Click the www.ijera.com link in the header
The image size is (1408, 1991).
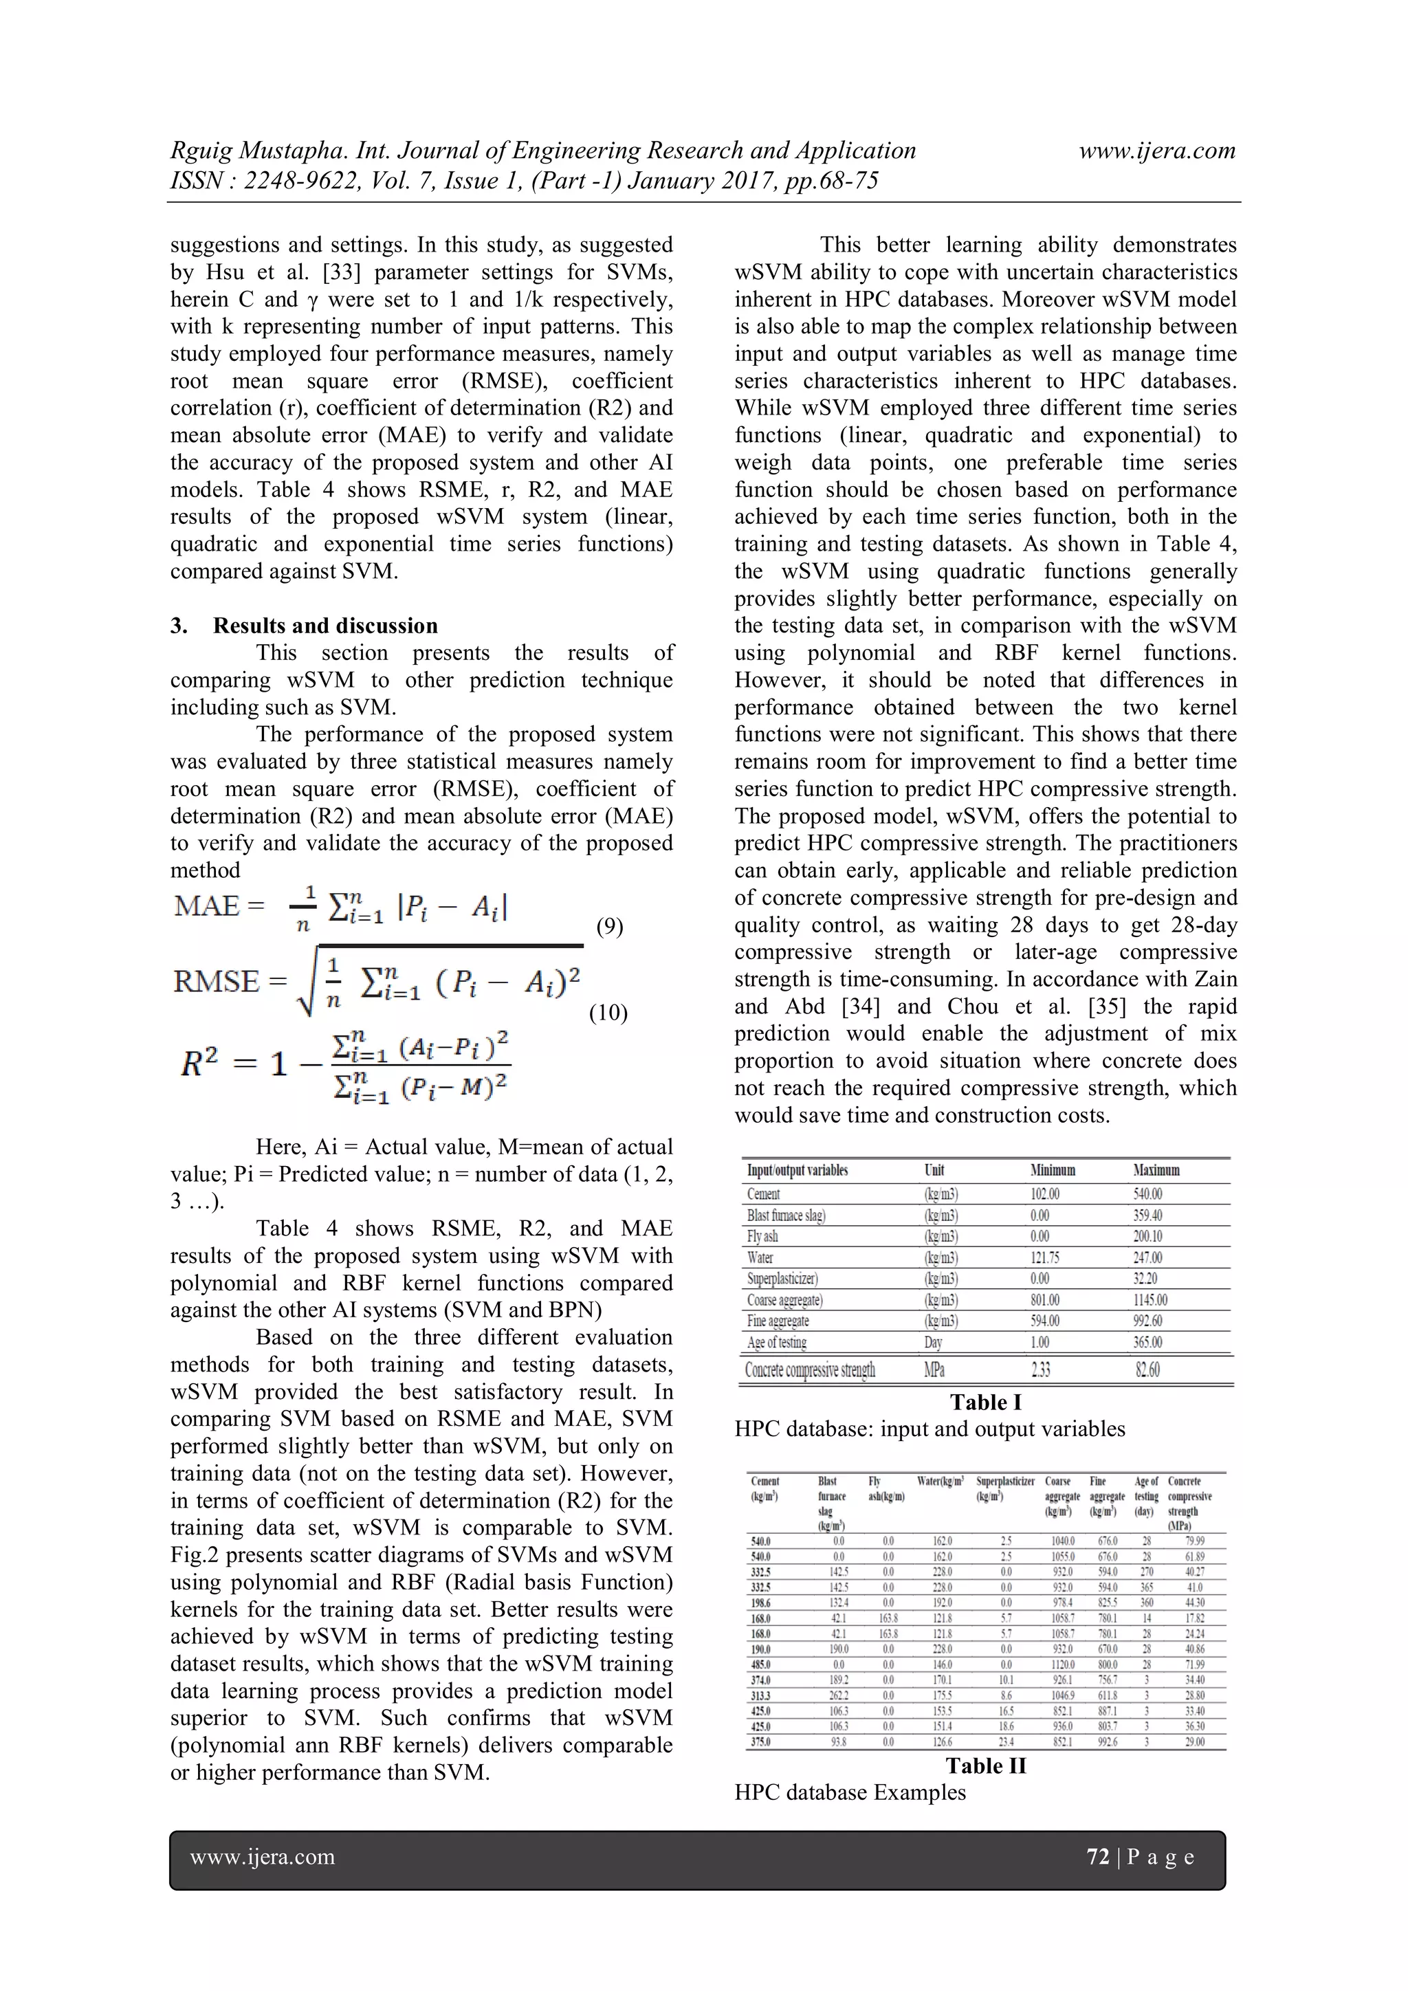(x=1156, y=151)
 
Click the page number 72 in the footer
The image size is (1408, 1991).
(x=1098, y=1856)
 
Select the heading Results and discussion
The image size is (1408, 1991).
(x=325, y=626)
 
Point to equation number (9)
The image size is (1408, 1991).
(x=610, y=926)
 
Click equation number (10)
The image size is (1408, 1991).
(x=608, y=1012)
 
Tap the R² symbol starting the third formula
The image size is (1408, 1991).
(x=199, y=1062)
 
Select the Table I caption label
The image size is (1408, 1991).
(x=985, y=1402)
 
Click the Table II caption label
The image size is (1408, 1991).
(x=986, y=1765)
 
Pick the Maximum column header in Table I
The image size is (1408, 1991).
(x=1156, y=1171)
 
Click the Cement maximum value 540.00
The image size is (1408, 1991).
(x=1148, y=1194)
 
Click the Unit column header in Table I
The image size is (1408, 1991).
(x=934, y=1171)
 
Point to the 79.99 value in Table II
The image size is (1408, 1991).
(x=1194, y=1541)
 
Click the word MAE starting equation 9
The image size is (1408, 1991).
(x=206, y=906)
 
